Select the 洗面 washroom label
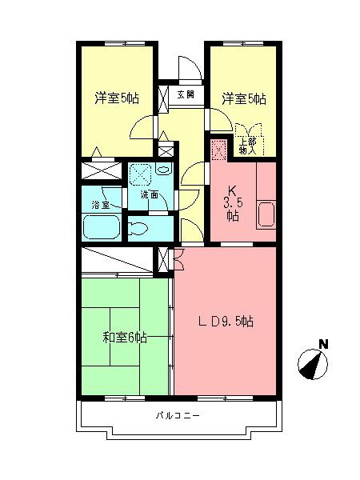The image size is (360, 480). pyautogui.click(x=149, y=194)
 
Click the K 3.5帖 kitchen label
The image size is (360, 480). pyautogui.click(x=232, y=202)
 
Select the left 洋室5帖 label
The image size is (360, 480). pyautogui.click(x=117, y=98)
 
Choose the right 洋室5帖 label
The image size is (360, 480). pyautogui.click(x=244, y=98)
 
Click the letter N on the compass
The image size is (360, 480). pyautogui.click(x=323, y=345)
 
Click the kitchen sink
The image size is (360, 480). pyautogui.click(x=266, y=214)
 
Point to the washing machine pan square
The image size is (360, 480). pyautogui.click(x=141, y=174)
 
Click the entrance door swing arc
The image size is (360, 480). pyautogui.click(x=186, y=68)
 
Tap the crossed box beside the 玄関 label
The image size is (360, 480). pyautogui.click(x=165, y=96)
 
